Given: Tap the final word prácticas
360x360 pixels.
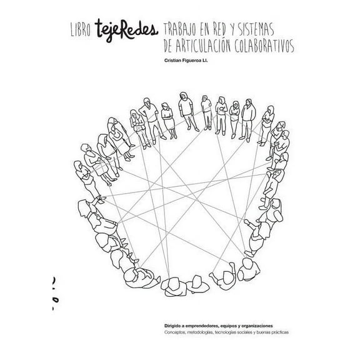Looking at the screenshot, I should [287, 332].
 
